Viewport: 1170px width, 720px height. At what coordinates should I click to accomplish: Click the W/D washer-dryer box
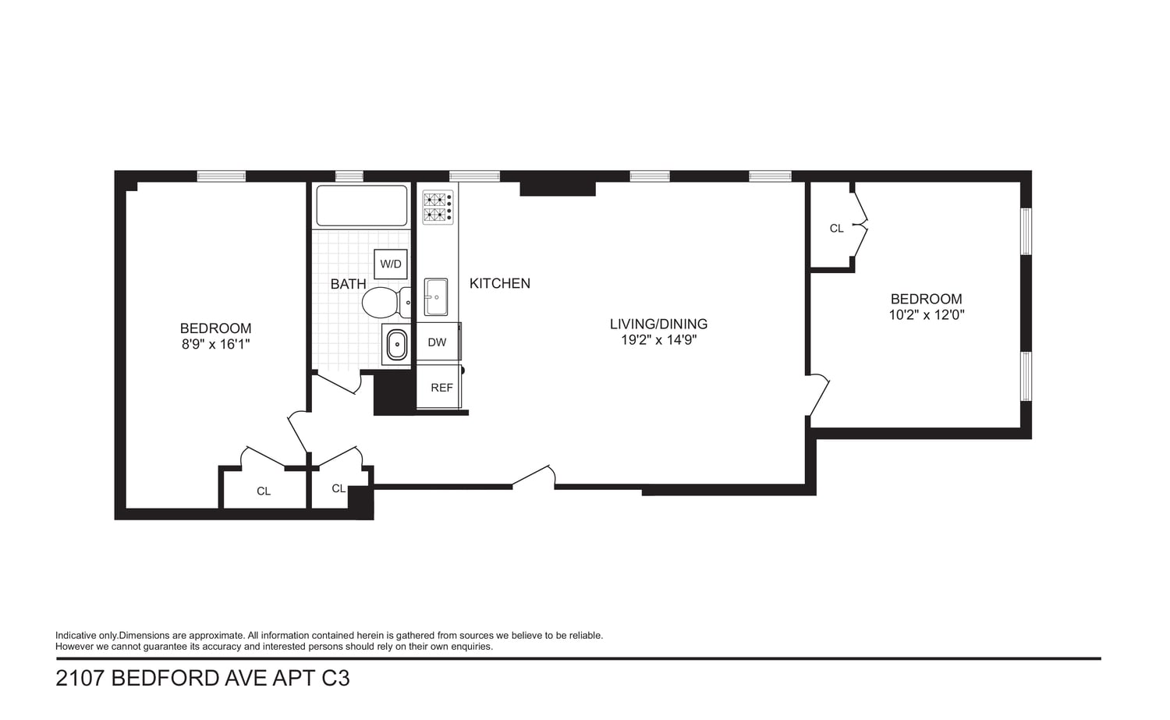tap(391, 264)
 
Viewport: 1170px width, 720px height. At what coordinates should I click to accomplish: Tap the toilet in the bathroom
tap(386, 303)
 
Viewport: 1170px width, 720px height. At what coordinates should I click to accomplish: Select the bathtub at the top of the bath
tap(362, 206)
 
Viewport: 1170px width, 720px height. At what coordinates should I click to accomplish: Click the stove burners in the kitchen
tap(438, 207)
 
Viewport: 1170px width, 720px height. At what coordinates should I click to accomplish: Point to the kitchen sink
tap(435, 296)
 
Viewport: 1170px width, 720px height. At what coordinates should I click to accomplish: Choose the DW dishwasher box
tap(438, 342)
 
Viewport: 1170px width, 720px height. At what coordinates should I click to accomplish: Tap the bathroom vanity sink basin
tap(396, 344)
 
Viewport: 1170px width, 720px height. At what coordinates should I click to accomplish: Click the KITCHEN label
tap(500, 283)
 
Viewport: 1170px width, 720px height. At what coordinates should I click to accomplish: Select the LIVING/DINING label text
tap(658, 324)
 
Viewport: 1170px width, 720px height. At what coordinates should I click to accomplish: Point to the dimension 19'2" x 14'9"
tap(658, 340)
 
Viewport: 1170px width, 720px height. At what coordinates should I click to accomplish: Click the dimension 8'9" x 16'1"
tap(216, 344)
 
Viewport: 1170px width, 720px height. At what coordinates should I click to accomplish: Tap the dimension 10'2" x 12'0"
tap(927, 315)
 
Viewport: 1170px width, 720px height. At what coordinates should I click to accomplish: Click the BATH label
tap(349, 284)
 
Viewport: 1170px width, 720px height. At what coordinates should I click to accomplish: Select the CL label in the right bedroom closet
tap(837, 229)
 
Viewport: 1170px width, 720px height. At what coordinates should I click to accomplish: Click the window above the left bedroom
tap(222, 176)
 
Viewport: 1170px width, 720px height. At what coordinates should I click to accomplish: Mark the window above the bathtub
tap(349, 176)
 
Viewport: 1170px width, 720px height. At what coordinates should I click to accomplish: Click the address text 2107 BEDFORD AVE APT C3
tap(203, 678)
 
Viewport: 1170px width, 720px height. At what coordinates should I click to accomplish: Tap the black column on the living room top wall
tap(558, 188)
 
